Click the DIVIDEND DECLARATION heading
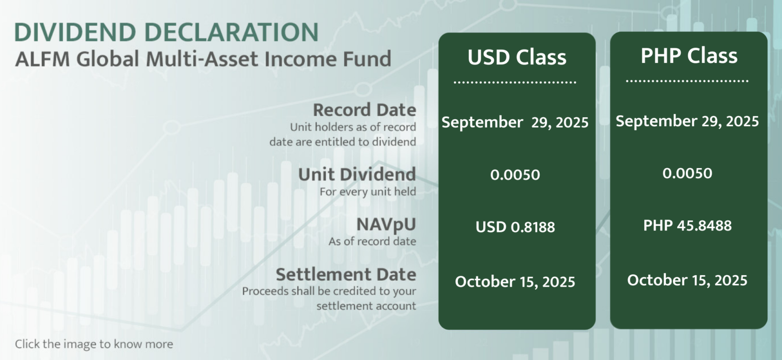[166, 32]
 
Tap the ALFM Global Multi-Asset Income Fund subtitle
[203, 59]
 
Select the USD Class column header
[517, 57]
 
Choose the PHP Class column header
[689, 56]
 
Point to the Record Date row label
[365, 110]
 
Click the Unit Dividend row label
[357, 174]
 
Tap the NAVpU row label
[386, 225]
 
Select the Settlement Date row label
[346, 274]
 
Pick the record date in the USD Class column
[515, 123]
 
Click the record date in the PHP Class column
[687, 121]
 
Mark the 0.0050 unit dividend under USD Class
[515, 175]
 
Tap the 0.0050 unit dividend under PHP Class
[687, 173]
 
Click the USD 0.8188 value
[515, 227]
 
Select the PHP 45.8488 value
[687, 225]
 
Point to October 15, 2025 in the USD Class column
[515, 282]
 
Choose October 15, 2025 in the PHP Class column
[687, 280]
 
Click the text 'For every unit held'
[368, 191]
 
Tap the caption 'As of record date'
[372, 241]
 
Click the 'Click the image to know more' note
[94, 344]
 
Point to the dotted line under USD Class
[515, 82]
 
